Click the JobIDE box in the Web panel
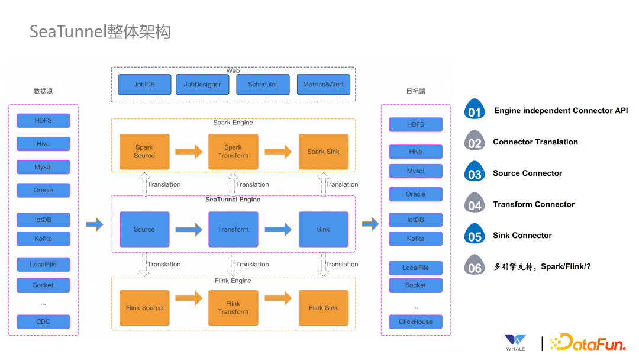[x=144, y=85]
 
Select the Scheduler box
[x=263, y=85]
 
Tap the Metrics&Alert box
[x=323, y=85]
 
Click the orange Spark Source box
[x=144, y=152]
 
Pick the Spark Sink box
[x=323, y=152]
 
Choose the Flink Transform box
[x=233, y=308]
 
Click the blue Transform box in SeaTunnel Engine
[x=233, y=229]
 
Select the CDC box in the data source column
[x=43, y=322]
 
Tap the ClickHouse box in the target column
[x=415, y=322]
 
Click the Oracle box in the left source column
[x=43, y=191]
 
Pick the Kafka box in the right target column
[x=415, y=239]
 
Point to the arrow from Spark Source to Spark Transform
[x=189, y=152]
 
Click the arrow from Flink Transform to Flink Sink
[x=278, y=298]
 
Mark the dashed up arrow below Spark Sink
[x=324, y=184]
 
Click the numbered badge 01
[x=475, y=111]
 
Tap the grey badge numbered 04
[x=475, y=204]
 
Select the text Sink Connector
[x=522, y=236]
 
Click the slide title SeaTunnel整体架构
[x=100, y=31]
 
